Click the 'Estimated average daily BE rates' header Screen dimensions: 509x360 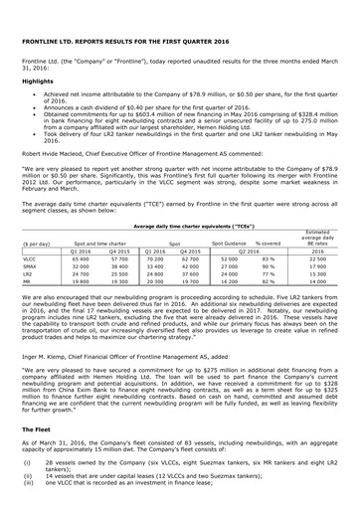318,239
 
